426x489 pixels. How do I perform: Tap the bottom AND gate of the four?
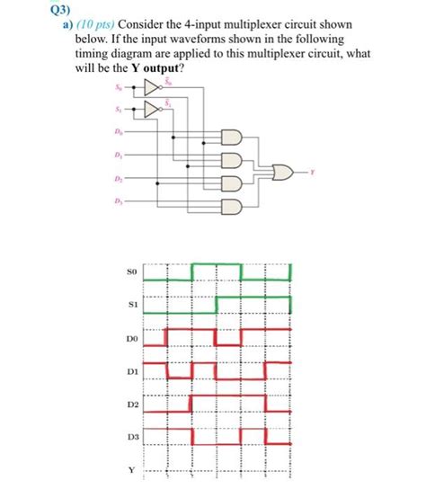tap(233, 206)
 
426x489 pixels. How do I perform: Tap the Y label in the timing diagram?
tap(130, 469)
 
